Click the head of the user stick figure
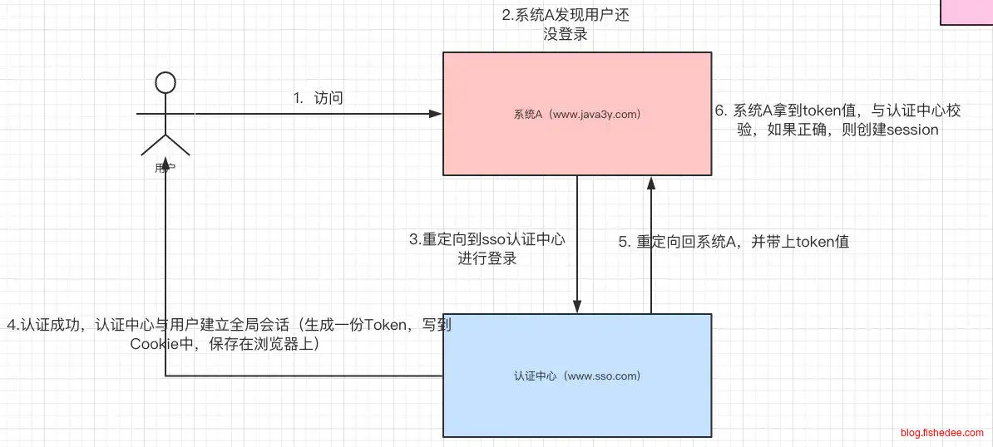[165, 82]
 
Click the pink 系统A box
[576, 141]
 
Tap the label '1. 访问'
[319, 98]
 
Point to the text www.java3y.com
[596, 114]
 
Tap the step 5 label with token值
[733, 243]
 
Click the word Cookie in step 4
[151, 343]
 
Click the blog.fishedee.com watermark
[942, 433]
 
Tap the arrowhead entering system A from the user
[436, 113]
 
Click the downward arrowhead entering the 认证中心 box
[576, 307]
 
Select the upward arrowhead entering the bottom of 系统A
[650, 182]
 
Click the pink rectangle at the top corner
[966, 12]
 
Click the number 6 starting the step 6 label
[721, 111]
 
